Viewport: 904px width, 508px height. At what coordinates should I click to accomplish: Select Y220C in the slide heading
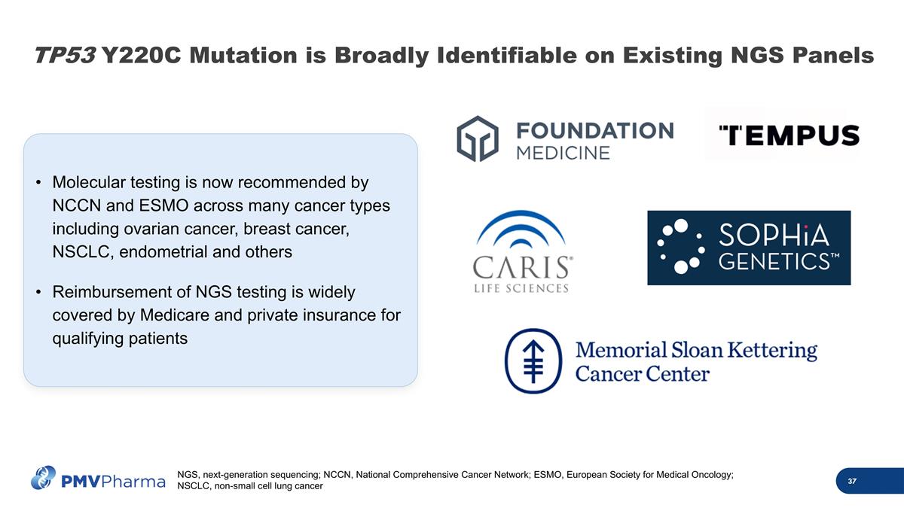coord(139,55)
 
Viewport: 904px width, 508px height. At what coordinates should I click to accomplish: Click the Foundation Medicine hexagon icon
coord(478,138)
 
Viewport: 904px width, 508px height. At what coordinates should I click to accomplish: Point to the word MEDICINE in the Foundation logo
coord(563,152)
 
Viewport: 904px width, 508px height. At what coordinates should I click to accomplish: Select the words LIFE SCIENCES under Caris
coord(521,288)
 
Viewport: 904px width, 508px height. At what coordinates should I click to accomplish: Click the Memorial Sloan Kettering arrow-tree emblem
coord(533,360)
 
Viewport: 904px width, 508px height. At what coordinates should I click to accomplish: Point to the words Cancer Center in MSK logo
coord(643,373)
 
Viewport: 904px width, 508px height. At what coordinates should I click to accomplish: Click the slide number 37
coord(852,482)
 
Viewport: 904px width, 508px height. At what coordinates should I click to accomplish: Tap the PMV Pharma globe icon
coord(44,477)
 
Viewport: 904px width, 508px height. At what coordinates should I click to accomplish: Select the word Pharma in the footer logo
coord(133,481)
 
